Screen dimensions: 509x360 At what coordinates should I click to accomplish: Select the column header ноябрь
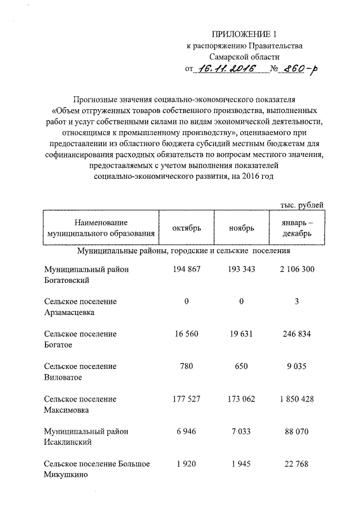(x=241, y=228)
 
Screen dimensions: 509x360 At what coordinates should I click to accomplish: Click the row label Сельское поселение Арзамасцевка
(x=80, y=307)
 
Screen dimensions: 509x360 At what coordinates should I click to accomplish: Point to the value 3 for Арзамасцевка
(x=296, y=301)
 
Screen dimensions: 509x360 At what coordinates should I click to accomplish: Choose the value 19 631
(x=241, y=334)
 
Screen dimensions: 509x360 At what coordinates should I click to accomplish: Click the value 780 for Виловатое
(x=186, y=367)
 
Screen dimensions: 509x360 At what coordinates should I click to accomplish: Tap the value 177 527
(x=186, y=399)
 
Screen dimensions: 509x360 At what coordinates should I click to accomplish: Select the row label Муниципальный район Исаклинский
(x=86, y=436)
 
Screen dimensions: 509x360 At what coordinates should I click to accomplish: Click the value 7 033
(x=241, y=431)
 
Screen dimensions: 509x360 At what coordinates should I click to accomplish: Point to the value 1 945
(x=241, y=464)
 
